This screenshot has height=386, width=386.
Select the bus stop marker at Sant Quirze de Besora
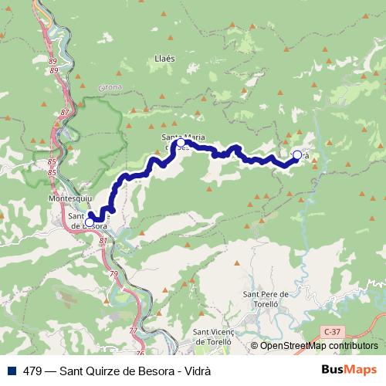(x=90, y=222)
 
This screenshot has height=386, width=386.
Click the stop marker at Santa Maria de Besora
(x=181, y=143)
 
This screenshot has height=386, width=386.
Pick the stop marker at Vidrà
(x=296, y=155)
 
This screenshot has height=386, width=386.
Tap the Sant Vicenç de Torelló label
(x=208, y=336)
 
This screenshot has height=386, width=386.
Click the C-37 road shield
(x=331, y=330)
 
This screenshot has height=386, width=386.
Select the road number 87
(x=63, y=113)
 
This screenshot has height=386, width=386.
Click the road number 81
(x=103, y=241)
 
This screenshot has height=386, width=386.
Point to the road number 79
(x=114, y=274)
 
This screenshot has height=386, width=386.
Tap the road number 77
(x=132, y=330)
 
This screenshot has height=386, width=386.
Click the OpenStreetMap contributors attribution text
(x=318, y=346)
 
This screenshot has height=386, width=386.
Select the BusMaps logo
(x=348, y=370)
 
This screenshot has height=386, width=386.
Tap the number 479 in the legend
(x=32, y=370)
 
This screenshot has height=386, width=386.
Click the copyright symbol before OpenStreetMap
(x=254, y=346)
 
